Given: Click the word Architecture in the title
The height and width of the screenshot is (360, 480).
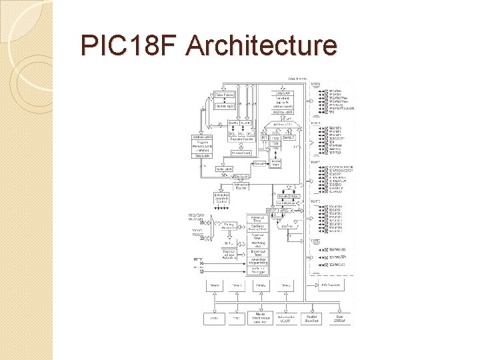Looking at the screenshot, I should pos(261,46).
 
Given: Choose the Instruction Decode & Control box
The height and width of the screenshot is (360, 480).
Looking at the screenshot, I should pos(222,199).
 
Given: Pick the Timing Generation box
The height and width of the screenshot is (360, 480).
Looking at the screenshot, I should pos(229,227).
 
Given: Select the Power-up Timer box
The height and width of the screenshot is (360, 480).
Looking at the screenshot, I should pos(259,219).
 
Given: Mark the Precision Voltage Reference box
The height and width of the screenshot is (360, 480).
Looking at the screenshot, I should pos(229,255).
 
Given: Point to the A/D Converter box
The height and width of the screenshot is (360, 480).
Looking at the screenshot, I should pos(331,285).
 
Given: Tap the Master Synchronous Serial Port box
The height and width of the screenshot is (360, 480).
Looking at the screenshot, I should pos(259,317).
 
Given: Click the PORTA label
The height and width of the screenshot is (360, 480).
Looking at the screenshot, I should pos(317,84).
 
